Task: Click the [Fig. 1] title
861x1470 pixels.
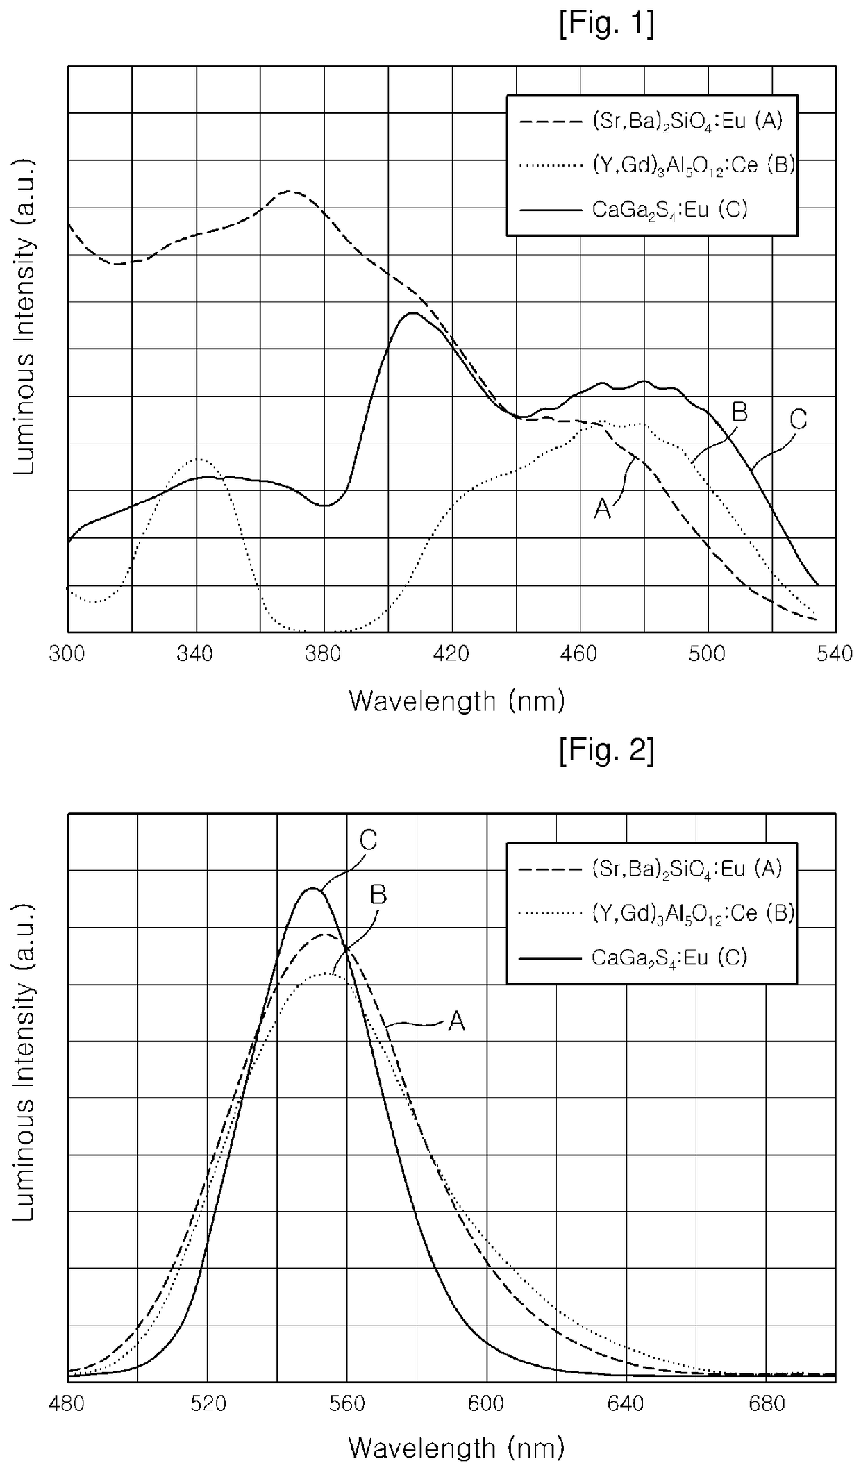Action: coord(606,25)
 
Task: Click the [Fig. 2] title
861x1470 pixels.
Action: coord(606,751)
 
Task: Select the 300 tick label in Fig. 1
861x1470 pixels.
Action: coord(68,654)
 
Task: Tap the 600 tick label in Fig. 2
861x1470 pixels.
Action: coord(487,1403)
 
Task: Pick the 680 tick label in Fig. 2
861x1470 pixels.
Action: coord(766,1403)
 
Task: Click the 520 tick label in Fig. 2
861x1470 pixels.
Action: coord(208,1403)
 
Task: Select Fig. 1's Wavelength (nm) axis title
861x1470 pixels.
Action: coord(457,701)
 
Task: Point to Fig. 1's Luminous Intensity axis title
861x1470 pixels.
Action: coord(25,317)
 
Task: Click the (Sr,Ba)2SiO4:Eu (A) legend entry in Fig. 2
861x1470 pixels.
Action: coord(651,869)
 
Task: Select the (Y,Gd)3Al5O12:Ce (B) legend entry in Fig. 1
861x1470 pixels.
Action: coord(657,165)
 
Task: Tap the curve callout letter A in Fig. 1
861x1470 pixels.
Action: coord(602,510)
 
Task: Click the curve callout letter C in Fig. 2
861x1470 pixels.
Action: coord(368,840)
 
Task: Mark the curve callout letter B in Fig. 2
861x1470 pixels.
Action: coord(378,895)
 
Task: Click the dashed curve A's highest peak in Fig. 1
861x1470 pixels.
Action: coord(290,191)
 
